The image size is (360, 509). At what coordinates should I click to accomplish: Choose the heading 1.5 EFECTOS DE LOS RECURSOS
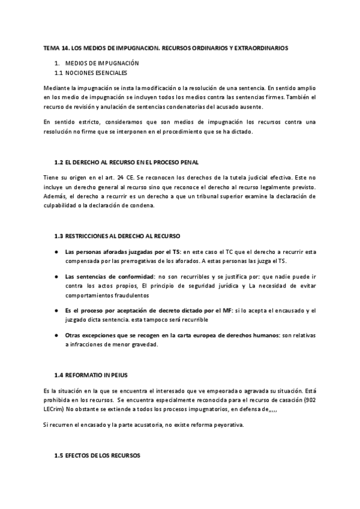(x=97, y=456)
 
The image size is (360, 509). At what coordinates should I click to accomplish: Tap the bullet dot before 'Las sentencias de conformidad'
(x=56, y=276)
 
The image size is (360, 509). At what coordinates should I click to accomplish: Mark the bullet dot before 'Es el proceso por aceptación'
(x=56, y=310)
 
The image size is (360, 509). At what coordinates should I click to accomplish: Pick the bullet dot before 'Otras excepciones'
(x=56, y=336)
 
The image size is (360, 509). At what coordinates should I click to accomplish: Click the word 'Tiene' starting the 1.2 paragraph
(x=52, y=178)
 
